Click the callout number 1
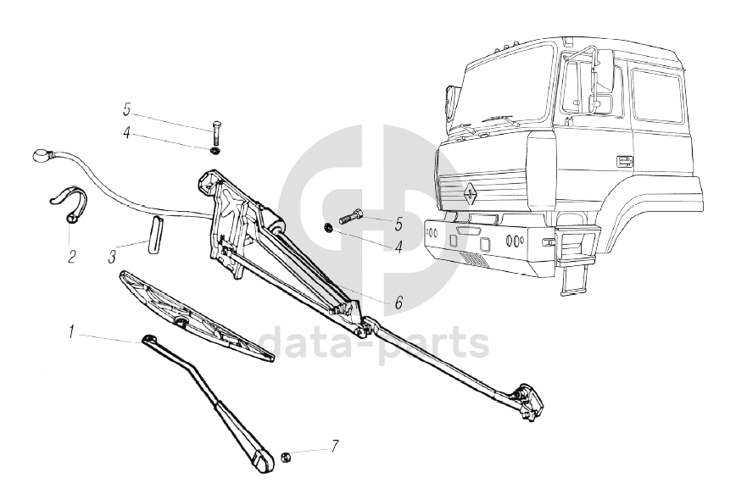tap(73, 332)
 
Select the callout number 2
tap(71, 254)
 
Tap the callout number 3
tap(112, 253)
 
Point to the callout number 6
tap(397, 301)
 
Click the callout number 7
tap(335, 445)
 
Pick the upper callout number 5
tap(127, 109)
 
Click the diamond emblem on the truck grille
tap(468, 191)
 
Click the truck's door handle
tap(625, 159)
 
